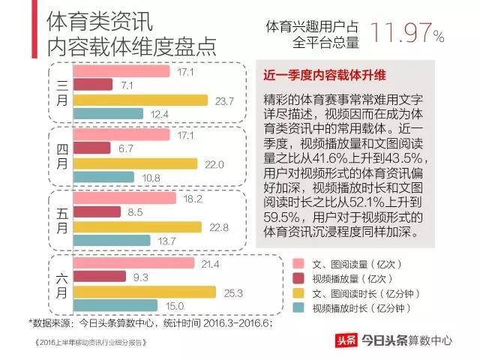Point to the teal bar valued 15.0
pos(116,305)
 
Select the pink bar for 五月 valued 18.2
pos(125,199)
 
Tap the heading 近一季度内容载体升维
pos(324,75)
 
